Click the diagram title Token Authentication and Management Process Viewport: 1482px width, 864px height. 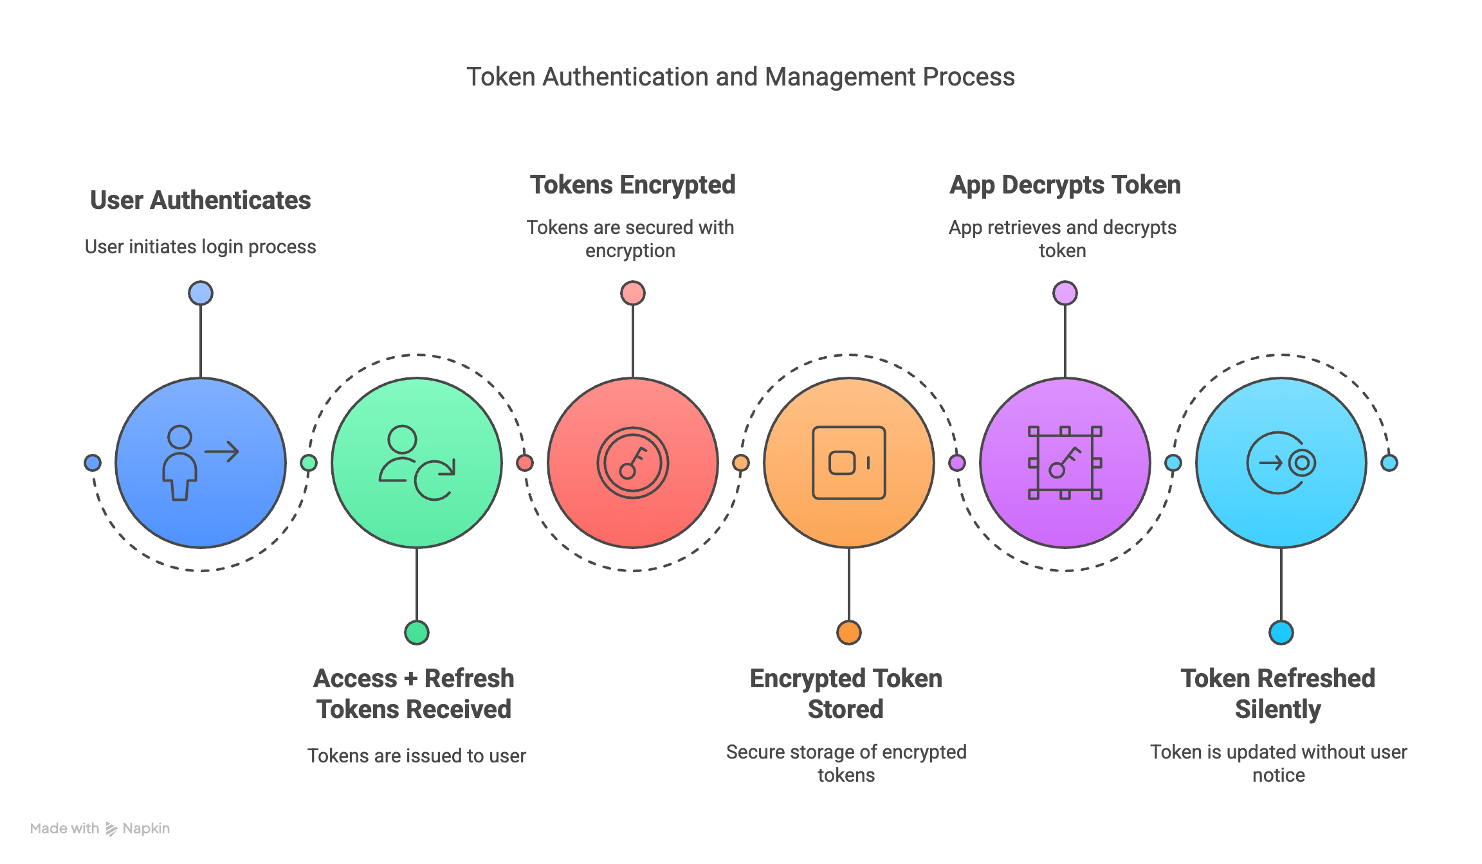740,77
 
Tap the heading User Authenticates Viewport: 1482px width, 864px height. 201,200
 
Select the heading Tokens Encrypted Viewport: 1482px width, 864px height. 632,185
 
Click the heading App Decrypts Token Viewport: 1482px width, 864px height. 1065,185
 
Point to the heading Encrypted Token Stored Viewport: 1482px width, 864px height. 846,694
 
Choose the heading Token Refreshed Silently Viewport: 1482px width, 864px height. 1278,694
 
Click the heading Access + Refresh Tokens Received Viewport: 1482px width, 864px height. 414,694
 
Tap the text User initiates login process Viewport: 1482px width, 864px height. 201,247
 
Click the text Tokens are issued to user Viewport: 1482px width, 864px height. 417,755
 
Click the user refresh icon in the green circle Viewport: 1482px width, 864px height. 417,463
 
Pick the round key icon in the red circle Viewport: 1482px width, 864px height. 633,463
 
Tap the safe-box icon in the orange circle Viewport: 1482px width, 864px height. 849,463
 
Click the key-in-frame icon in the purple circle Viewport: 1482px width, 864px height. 1065,463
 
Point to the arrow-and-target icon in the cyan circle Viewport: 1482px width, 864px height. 1281,463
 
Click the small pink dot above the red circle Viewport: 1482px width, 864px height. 633,293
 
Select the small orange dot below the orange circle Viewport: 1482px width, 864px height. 849,633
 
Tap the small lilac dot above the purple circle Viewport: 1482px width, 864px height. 1065,293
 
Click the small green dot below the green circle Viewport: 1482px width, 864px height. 417,633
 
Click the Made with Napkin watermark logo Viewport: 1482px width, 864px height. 100,829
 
